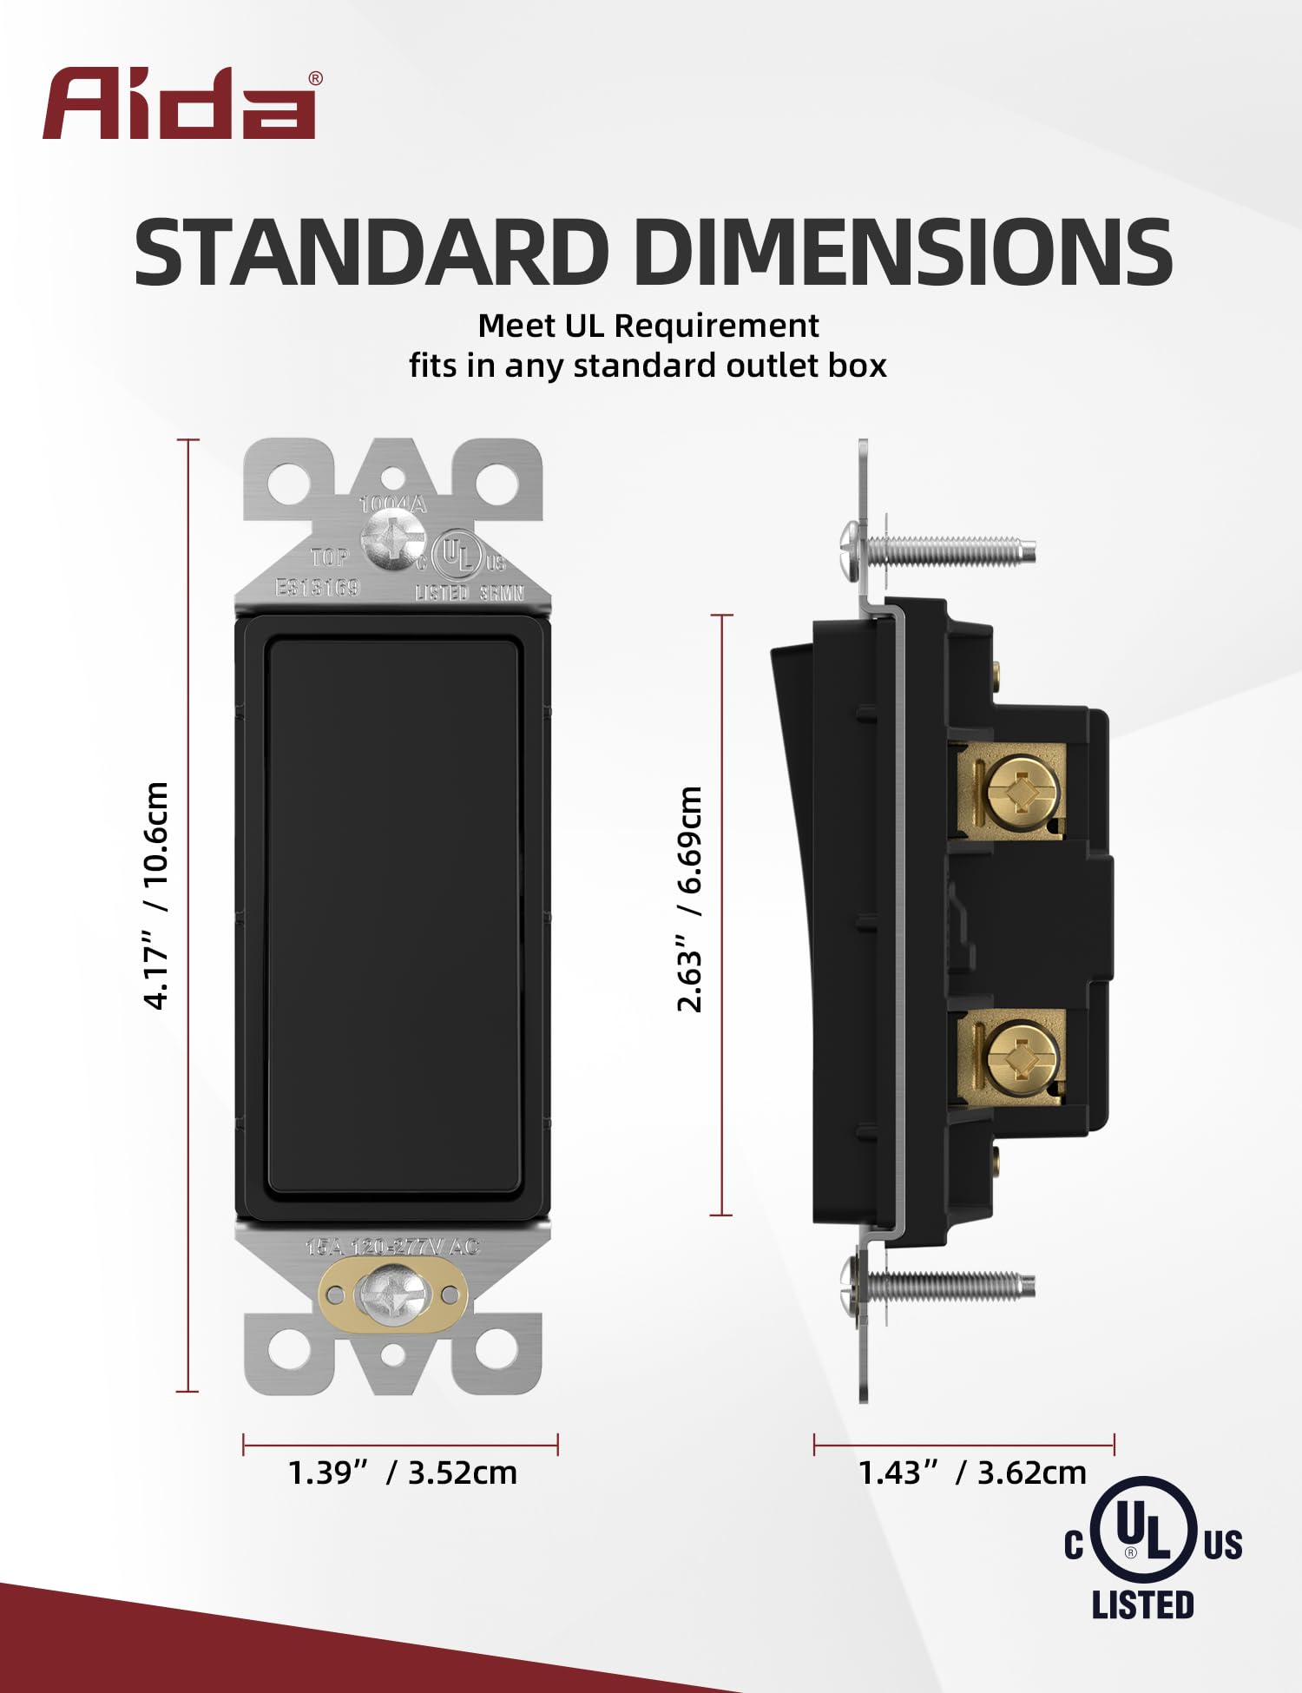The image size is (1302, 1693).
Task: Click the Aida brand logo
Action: pyautogui.click(x=180, y=104)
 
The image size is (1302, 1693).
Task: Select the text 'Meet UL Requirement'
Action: pyautogui.click(x=648, y=326)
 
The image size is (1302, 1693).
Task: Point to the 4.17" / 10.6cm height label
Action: pyautogui.click(x=156, y=894)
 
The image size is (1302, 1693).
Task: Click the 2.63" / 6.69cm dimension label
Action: pyautogui.click(x=690, y=899)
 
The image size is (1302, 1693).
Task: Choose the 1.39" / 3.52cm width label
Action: pyautogui.click(x=402, y=1472)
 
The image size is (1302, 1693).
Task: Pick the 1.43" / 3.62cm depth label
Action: pyautogui.click(x=972, y=1472)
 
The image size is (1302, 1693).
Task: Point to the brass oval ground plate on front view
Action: pyautogui.click(x=393, y=1294)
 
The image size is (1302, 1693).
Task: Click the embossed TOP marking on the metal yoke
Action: pyautogui.click(x=330, y=557)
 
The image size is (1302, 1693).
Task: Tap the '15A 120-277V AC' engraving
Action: pyautogui.click(x=392, y=1247)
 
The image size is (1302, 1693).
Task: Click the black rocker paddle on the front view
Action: pyautogui.click(x=393, y=917)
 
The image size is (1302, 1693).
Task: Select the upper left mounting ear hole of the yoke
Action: pyautogui.click(x=289, y=480)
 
